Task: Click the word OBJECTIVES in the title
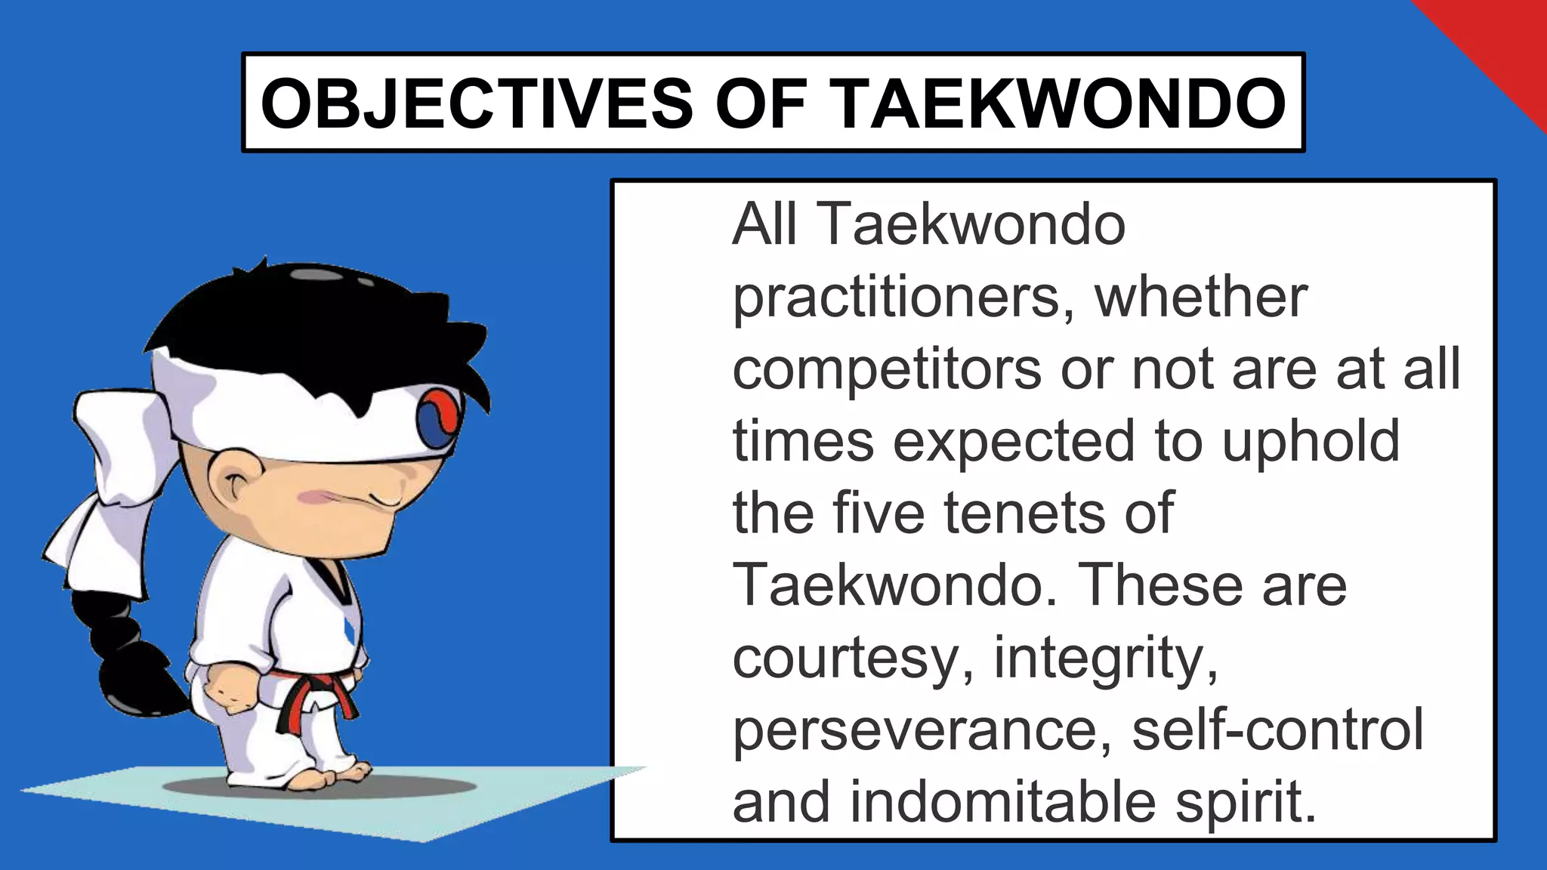click(x=476, y=103)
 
